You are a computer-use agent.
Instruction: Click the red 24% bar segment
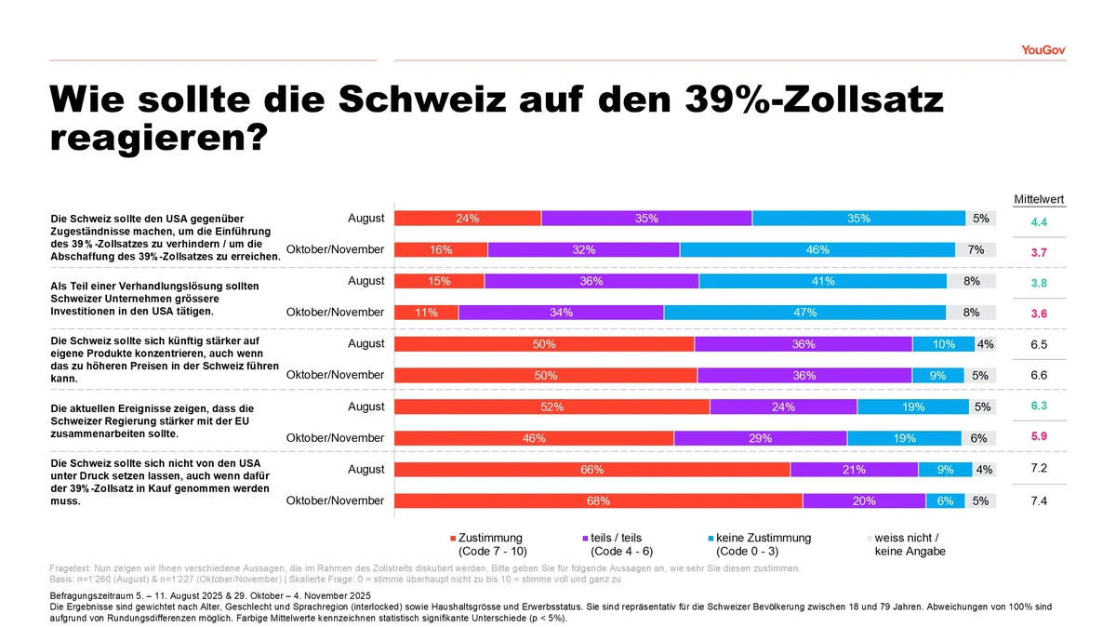[x=468, y=219]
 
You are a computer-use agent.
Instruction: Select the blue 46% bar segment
[x=817, y=250]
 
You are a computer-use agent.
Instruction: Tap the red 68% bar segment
[x=598, y=501]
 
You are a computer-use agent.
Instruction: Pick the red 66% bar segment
[x=592, y=470]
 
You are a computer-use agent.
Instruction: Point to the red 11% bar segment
[x=427, y=313]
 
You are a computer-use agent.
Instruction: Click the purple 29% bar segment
[x=760, y=438]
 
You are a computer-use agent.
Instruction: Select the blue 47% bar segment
[x=804, y=313]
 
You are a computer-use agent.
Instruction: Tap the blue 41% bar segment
[x=822, y=281]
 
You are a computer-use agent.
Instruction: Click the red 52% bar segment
[x=551, y=407]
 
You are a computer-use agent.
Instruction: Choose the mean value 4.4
[x=1040, y=222]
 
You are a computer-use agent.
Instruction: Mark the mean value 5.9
[x=1040, y=436]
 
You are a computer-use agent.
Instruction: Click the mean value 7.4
[x=1040, y=500]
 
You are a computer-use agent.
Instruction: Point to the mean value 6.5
[x=1040, y=344]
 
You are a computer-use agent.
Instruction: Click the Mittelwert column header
[x=1039, y=199]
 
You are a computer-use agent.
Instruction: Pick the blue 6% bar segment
[x=945, y=501]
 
